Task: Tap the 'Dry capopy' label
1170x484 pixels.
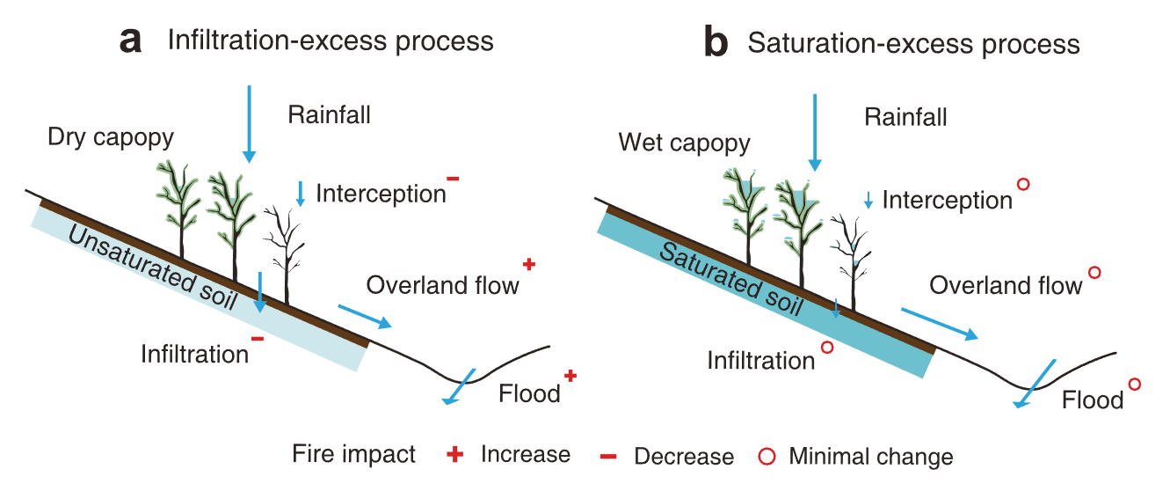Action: (111, 137)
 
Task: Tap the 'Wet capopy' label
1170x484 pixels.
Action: (684, 143)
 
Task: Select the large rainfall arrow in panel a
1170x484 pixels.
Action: (249, 123)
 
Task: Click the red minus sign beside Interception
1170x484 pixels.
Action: (453, 179)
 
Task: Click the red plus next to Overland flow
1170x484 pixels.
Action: (528, 264)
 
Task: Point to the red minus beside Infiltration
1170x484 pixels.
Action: (257, 338)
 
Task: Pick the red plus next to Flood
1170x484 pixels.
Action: (570, 376)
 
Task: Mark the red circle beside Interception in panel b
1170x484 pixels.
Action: (1022, 185)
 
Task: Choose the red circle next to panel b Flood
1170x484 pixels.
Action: (1134, 385)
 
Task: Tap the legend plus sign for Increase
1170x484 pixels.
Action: (454, 455)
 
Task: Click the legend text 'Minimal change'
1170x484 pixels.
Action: (870, 457)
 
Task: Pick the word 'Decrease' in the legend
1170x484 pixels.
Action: (683, 457)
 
